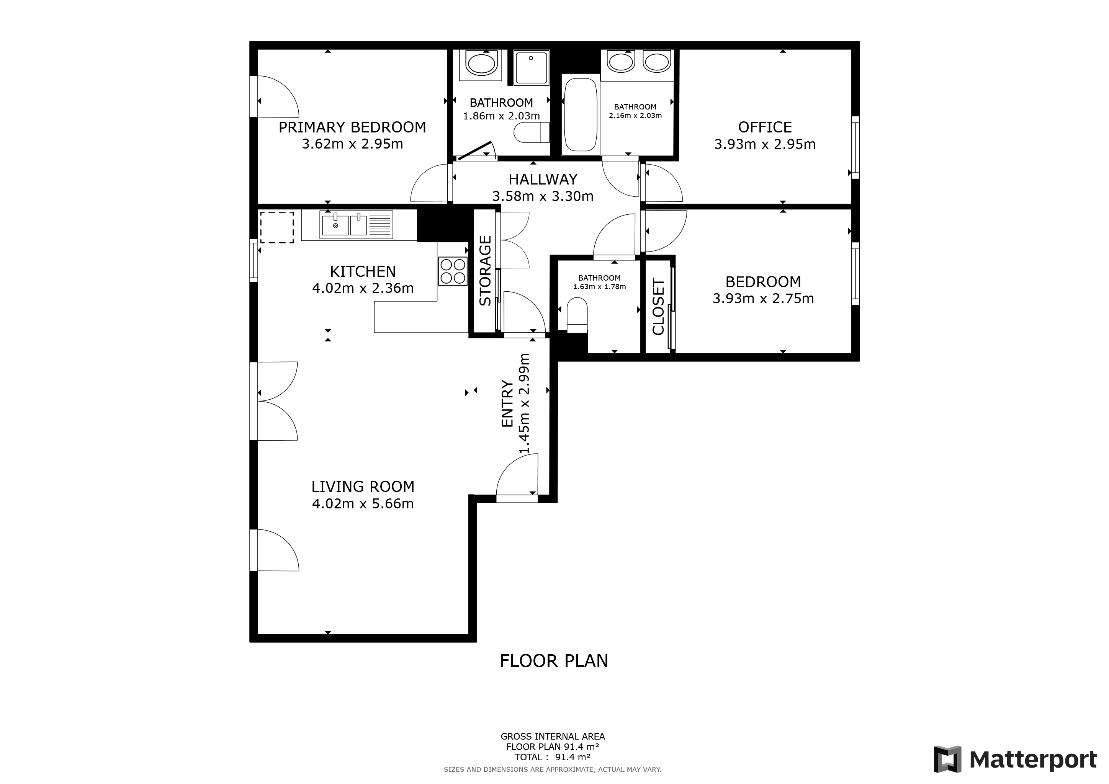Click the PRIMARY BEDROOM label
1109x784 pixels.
coord(352,127)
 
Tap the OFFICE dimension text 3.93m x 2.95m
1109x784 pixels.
coord(765,144)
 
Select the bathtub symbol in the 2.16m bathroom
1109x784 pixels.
coord(580,115)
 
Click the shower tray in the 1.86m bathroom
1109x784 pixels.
coord(531,68)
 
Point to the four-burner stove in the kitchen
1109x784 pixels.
coord(453,271)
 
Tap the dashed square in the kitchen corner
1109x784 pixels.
coord(277,227)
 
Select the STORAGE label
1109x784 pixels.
coord(485,270)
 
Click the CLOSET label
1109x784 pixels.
coord(658,307)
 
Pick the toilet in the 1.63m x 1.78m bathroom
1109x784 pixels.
coord(577,314)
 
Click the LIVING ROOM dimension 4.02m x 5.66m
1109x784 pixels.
coord(363,504)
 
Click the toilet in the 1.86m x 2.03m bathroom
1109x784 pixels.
coord(531,133)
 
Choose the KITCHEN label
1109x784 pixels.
coord(363,271)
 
